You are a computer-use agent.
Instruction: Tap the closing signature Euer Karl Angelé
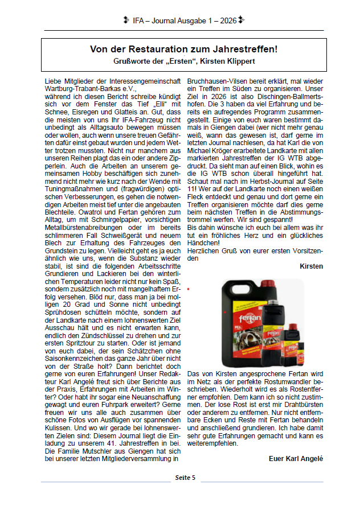point(296,458)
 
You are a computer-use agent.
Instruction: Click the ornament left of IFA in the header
point(126,20)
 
